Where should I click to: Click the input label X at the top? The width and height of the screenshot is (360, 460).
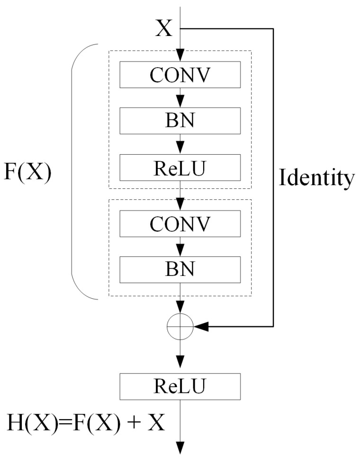pyautogui.click(x=164, y=29)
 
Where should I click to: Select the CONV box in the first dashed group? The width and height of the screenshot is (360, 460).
pyautogui.click(x=180, y=74)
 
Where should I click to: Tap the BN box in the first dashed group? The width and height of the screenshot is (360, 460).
pyautogui.click(x=180, y=120)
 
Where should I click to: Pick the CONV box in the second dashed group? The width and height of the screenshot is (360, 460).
pyautogui.click(x=180, y=223)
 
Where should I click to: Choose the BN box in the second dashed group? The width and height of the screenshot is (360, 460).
pyautogui.click(x=180, y=269)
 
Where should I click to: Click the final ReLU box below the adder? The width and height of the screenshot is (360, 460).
pyautogui.click(x=180, y=386)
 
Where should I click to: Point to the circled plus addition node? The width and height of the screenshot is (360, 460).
pyautogui.click(x=180, y=326)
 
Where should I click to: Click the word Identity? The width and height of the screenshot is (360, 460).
pyautogui.click(x=316, y=178)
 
